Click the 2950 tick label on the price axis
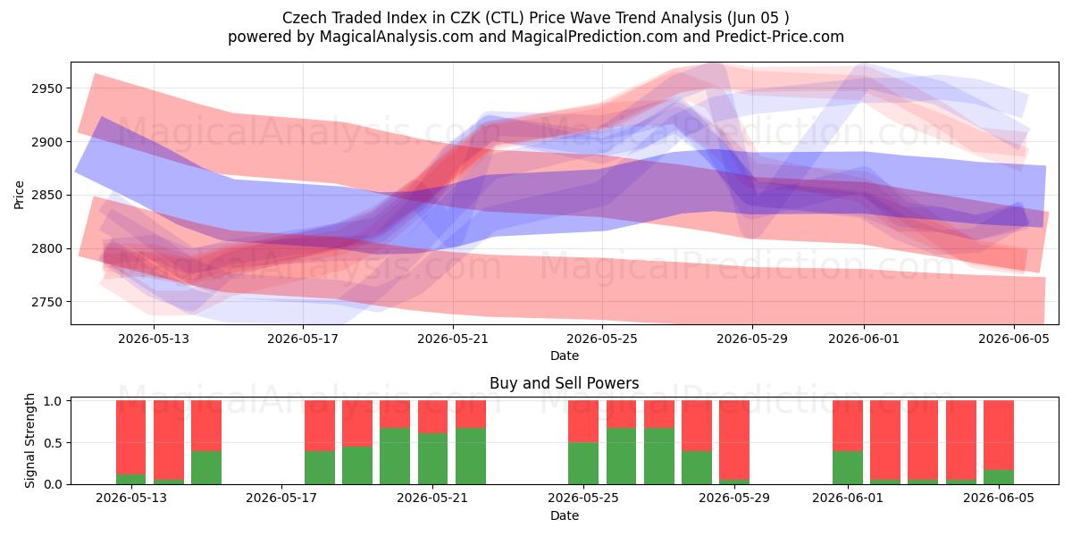tap(46, 88)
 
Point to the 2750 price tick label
tap(46, 302)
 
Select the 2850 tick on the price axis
tap(46, 196)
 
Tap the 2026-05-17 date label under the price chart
tap(303, 339)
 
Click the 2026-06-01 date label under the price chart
tap(864, 339)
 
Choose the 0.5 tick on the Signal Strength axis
tap(53, 443)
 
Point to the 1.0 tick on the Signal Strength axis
tap(53, 401)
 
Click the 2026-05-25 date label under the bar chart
tap(583, 498)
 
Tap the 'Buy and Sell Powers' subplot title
tap(565, 383)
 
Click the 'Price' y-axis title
tap(19, 195)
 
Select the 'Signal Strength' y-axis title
tap(29, 440)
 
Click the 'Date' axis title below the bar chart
tap(565, 515)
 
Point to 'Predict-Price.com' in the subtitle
tap(780, 37)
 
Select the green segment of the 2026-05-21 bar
tap(432, 459)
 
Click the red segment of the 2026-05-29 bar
tap(734, 440)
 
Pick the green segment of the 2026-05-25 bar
tap(583, 464)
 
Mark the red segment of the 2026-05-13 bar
tap(131, 438)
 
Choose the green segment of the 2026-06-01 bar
tap(848, 467)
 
